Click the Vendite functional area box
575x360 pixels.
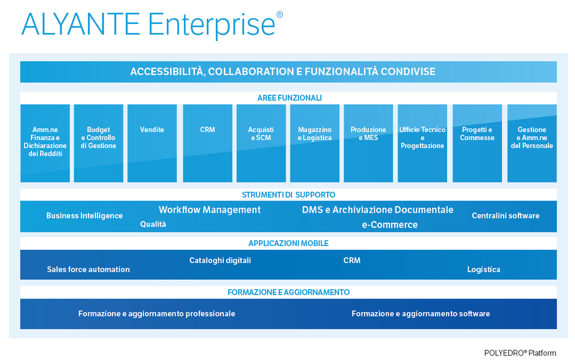pos(152,143)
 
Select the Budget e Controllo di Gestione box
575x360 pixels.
pos(99,143)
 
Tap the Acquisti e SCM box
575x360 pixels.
pos(261,143)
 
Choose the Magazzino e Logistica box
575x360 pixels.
pos(315,143)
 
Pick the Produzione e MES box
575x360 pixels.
pos(368,143)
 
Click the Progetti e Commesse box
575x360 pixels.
pos(477,143)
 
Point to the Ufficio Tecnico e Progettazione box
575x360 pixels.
pos(423,143)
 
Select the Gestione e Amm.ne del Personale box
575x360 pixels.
pos(532,143)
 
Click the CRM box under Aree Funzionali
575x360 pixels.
pos(208,143)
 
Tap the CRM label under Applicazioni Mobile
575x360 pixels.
pos(352,260)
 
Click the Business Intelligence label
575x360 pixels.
pos(84,215)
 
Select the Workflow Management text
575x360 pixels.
pos(210,210)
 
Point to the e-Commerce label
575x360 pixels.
pos(390,225)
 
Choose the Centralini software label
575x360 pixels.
pos(506,215)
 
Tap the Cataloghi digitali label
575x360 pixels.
pos(220,260)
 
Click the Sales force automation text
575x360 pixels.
pos(89,270)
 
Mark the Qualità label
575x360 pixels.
pos(153,224)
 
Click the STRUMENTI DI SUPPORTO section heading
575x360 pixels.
pos(289,194)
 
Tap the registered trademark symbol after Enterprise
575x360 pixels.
pos(279,14)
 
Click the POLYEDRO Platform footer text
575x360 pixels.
pos(520,353)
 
